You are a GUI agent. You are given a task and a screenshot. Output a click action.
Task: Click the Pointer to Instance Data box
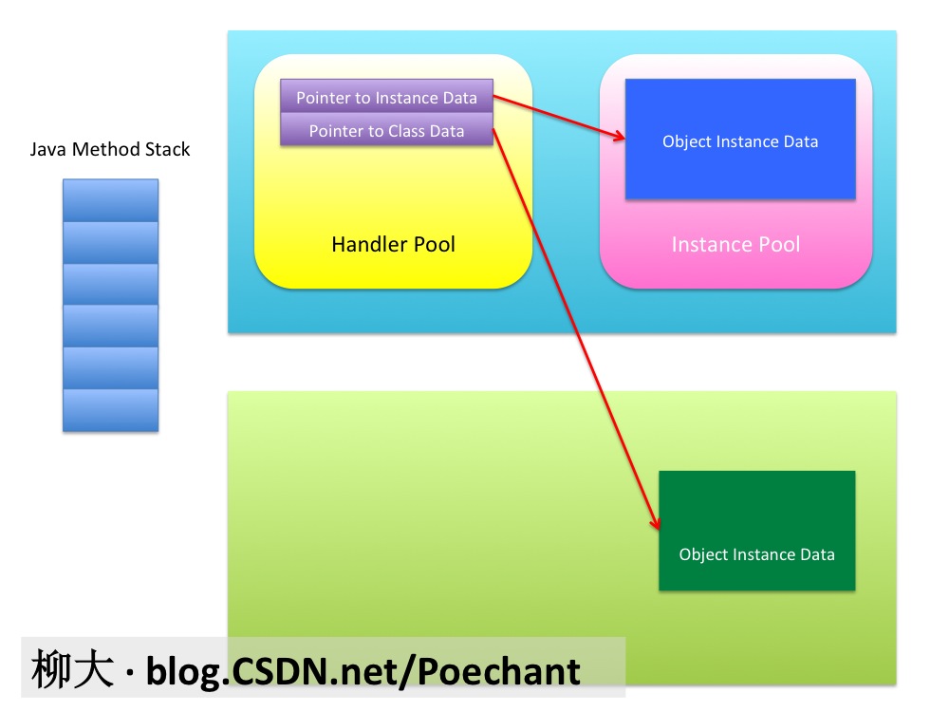pyautogui.click(x=386, y=97)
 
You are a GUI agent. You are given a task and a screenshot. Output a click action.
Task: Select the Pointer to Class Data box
pyautogui.click(x=386, y=130)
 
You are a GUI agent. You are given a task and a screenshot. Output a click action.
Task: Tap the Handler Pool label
pyautogui.click(x=393, y=245)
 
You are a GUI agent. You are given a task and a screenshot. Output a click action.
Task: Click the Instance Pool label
pyautogui.click(x=735, y=245)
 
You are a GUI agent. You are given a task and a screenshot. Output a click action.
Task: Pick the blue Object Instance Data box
pyautogui.click(x=740, y=140)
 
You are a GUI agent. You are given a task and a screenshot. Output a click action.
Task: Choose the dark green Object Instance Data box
pyautogui.click(x=756, y=531)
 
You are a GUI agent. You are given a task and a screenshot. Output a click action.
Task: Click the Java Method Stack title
pyautogui.click(x=110, y=149)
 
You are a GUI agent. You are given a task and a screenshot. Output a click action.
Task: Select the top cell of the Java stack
pyautogui.click(x=110, y=200)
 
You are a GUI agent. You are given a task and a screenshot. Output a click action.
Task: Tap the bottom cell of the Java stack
pyautogui.click(x=110, y=410)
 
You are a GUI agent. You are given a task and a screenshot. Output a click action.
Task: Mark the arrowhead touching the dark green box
pyautogui.click(x=656, y=525)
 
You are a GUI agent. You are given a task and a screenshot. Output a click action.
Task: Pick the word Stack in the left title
pyautogui.click(x=168, y=149)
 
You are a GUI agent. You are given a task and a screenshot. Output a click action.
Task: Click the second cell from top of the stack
pyautogui.click(x=110, y=242)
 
